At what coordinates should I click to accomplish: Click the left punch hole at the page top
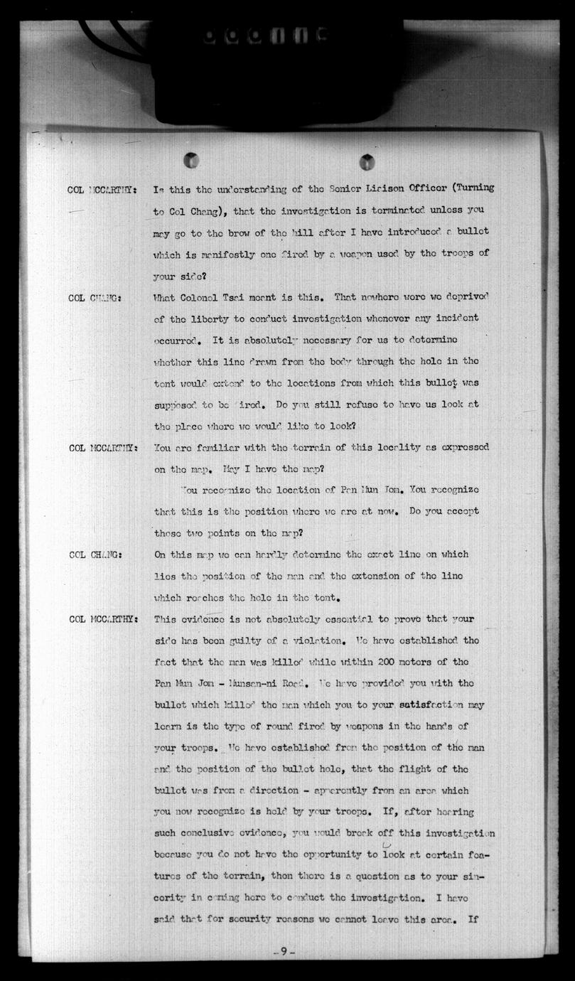[x=190, y=160]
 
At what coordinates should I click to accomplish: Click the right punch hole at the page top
[x=367, y=161]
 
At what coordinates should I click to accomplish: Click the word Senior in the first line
[x=345, y=188]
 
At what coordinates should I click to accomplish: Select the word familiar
[x=226, y=448]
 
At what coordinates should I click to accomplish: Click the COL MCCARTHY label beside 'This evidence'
[x=102, y=619]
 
